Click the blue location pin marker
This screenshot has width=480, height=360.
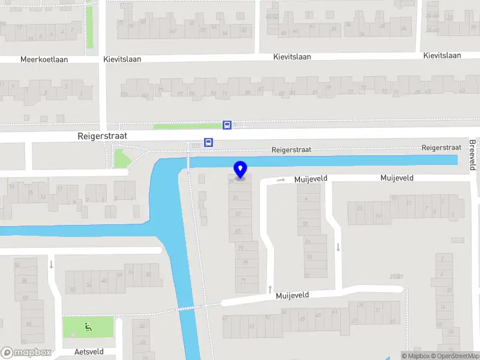[241, 169]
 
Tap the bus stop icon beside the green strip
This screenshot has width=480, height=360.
[227, 125]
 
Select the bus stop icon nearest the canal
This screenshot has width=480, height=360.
[208, 142]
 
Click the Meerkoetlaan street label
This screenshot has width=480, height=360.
[44, 59]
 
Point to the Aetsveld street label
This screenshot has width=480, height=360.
[89, 352]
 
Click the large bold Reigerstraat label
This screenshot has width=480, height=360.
[103, 136]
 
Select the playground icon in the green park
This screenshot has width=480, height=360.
[88, 327]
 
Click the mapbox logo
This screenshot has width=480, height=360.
[26, 353]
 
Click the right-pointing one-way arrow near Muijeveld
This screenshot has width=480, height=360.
[280, 179]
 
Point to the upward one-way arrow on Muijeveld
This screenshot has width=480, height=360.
[269, 290]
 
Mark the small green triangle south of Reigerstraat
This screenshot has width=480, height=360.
[122, 158]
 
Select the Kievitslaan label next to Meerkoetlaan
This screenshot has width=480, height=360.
[124, 59]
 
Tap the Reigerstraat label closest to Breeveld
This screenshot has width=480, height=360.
[441, 147]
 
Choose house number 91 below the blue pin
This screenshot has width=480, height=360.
[236, 197]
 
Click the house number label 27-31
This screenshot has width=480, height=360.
[395, 276]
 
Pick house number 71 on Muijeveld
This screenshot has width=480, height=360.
[243, 280]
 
